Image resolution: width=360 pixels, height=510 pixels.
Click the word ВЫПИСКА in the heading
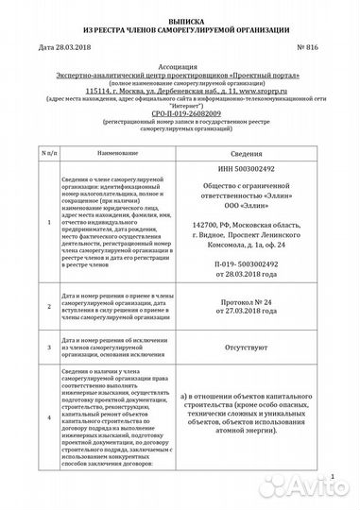179,19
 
